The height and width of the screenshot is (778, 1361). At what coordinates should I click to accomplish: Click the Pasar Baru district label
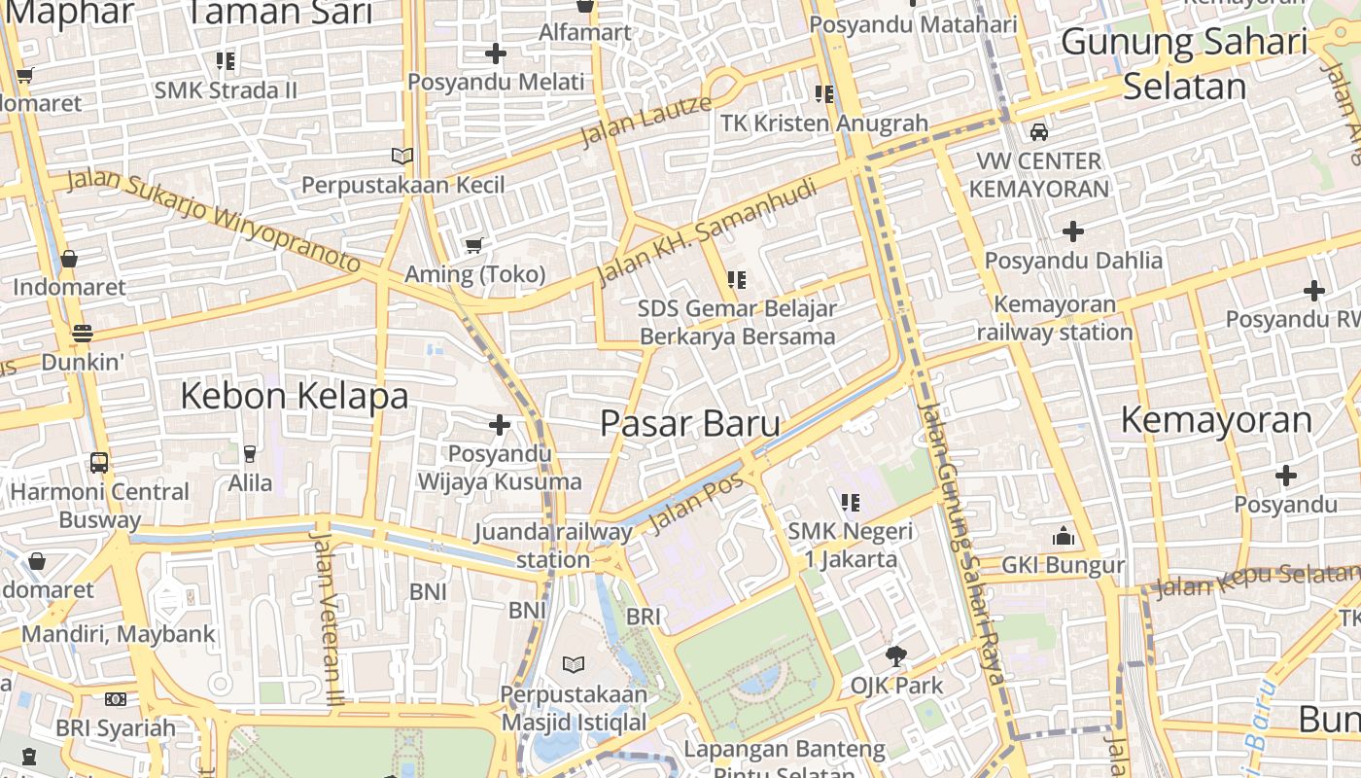[689, 424]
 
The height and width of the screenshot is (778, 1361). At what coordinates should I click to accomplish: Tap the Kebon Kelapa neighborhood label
[294, 397]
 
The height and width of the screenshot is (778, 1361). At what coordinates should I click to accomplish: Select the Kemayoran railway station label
[1055, 318]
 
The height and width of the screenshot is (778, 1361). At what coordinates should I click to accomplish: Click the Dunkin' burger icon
[82, 334]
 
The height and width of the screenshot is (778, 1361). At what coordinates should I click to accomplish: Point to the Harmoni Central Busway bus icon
[99, 463]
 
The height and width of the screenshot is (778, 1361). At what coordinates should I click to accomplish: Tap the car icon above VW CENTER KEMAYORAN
[1038, 132]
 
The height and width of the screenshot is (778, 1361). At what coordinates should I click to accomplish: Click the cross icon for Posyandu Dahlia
[1072, 231]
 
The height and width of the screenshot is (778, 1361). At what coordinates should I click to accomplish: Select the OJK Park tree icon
[896, 656]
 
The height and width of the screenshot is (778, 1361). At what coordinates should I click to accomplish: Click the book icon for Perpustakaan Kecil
[401, 156]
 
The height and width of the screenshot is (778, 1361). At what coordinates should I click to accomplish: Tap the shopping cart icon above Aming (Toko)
[473, 246]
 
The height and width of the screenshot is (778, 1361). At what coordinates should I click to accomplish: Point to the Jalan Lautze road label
[646, 121]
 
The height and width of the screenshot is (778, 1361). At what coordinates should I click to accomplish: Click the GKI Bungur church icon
[1063, 537]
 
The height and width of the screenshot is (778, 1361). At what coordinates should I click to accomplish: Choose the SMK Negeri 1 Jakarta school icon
[851, 503]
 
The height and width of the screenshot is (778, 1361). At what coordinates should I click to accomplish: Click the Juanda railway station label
[552, 546]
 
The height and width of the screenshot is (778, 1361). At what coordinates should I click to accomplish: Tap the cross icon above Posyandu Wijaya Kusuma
[499, 425]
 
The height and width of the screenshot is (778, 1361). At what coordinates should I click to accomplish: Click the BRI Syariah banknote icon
[115, 699]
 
